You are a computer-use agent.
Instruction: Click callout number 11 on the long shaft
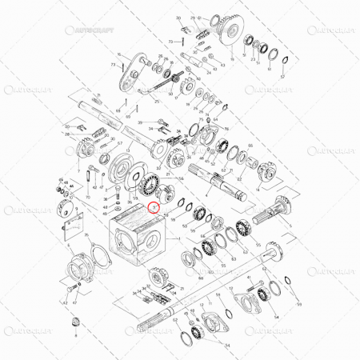tap(98, 95)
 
